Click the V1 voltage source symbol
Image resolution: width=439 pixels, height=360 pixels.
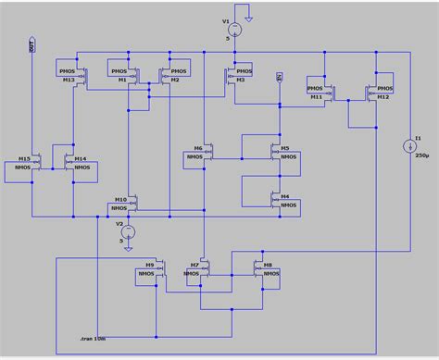tap(236, 30)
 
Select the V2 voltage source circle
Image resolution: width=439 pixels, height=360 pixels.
tap(130, 231)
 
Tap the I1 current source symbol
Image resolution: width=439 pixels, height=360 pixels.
tap(408, 146)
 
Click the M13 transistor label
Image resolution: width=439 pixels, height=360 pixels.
tap(69, 80)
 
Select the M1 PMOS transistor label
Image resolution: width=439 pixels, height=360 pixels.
tap(121, 80)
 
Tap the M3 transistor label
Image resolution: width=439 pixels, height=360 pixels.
tap(240, 80)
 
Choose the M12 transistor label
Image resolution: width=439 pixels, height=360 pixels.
tap(382, 97)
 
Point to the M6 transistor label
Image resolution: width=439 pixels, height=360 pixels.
tap(197, 148)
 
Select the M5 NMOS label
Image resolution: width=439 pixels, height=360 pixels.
tap(284, 148)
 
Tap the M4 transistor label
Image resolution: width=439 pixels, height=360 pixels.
tap(284, 196)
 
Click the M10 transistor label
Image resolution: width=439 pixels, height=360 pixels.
tap(120, 199)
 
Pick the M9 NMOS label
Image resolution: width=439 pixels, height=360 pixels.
tap(150, 265)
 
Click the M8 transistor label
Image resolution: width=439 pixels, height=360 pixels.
tap(268, 265)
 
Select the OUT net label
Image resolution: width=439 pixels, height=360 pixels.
tap(32, 47)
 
